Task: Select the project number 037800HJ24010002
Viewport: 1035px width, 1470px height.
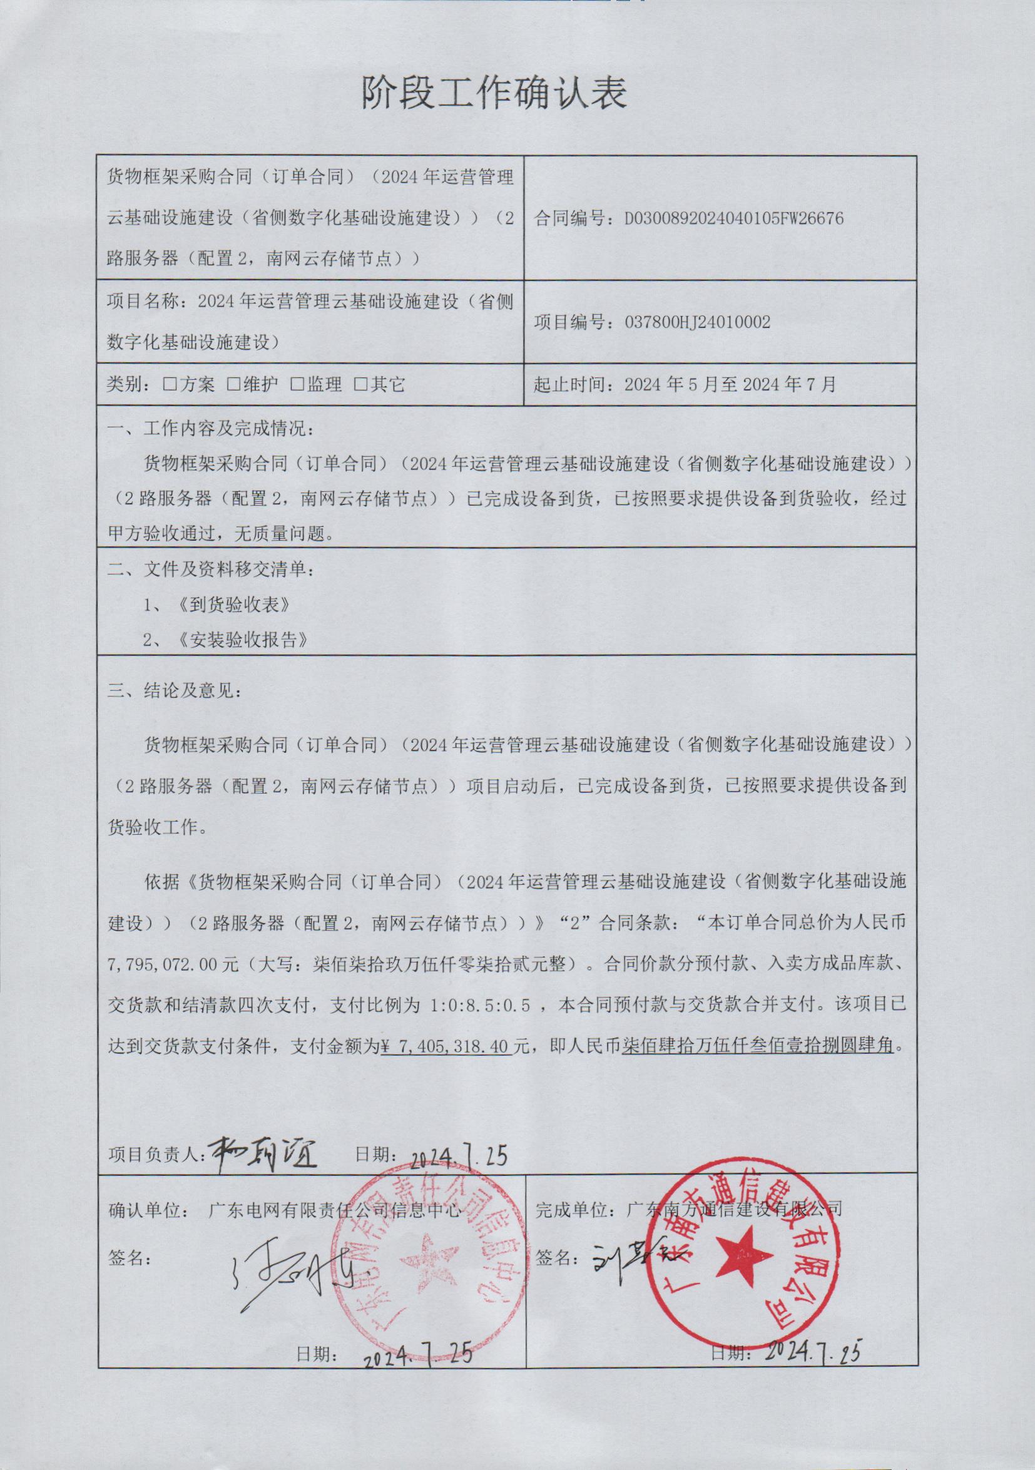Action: [697, 322]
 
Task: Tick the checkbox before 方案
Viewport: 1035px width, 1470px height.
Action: [170, 385]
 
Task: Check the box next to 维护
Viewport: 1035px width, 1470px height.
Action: [233, 385]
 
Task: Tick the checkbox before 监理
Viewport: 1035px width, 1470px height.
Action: [298, 385]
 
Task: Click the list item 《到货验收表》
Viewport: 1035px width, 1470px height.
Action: [235, 605]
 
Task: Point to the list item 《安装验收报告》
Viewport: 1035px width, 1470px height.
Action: [244, 640]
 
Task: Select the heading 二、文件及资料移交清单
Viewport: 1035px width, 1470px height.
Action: [212, 569]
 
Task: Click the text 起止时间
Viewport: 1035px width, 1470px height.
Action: [571, 385]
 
